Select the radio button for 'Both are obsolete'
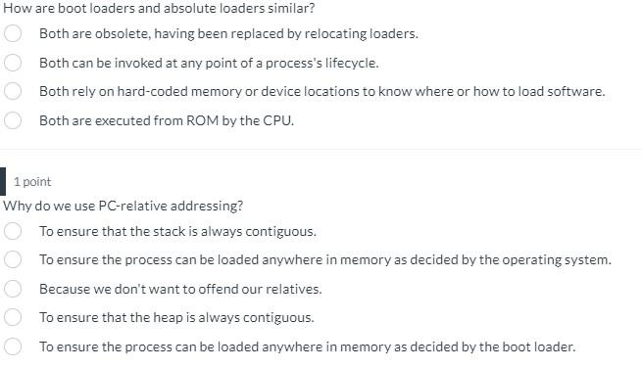(x=14, y=33)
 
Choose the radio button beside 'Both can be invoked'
(x=14, y=63)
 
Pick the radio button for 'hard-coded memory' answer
(x=14, y=92)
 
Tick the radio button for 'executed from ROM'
(x=14, y=121)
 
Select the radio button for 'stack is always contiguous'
(x=14, y=232)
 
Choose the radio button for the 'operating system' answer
(x=14, y=260)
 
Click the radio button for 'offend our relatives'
(x=14, y=289)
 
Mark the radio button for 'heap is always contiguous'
(x=14, y=317)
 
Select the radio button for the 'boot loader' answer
(x=14, y=346)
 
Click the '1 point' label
(x=32, y=182)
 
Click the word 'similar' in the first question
(x=290, y=8)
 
